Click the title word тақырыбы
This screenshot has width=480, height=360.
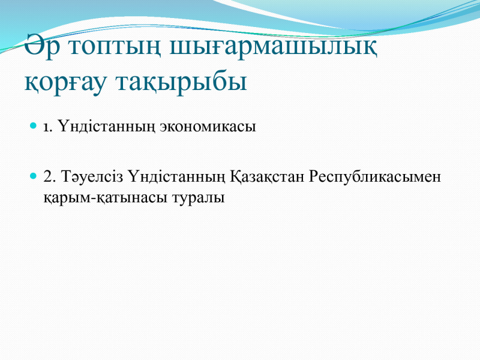pyautogui.click(x=181, y=83)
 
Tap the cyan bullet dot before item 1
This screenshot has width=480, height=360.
pyautogui.click(x=33, y=125)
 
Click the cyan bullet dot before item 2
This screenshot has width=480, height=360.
pyautogui.click(x=33, y=176)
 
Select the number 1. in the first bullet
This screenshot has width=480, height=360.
pyautogui.click(x=48, y=127)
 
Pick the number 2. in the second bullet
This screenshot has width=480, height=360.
pyautogui.click(x=50, y=176)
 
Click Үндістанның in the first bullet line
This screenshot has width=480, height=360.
pyautogui.click(x=107, y=127)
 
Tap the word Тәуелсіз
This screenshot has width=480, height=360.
pyautogui.click(x=92, y=176)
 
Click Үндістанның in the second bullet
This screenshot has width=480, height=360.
pyautogui.click(x=177, y=177)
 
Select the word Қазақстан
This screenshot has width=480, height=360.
pyautogui.click(x=267, y=177)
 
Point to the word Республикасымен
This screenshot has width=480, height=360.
pyautogui.click(x=374, y=177)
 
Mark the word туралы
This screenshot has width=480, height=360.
pyautogui.click(x=199, y=198)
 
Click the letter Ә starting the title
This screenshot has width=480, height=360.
pyautogui.click(x=34, y=44)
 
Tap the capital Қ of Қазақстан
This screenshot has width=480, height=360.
pyautogui.click(x=236, y=177)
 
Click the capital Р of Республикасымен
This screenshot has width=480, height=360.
pyautogui.click(x=313, y=176)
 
